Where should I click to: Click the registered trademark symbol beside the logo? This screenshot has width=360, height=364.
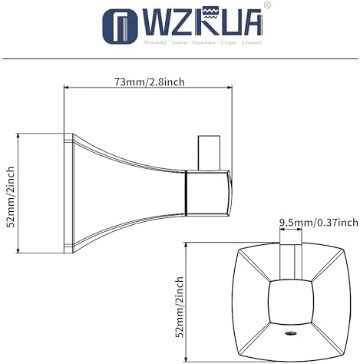point(267,6)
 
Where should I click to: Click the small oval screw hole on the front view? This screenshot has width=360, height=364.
point(291,336)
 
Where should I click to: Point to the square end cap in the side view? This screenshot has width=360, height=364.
point(209,192)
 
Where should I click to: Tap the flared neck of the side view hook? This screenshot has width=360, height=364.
point(130,192)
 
